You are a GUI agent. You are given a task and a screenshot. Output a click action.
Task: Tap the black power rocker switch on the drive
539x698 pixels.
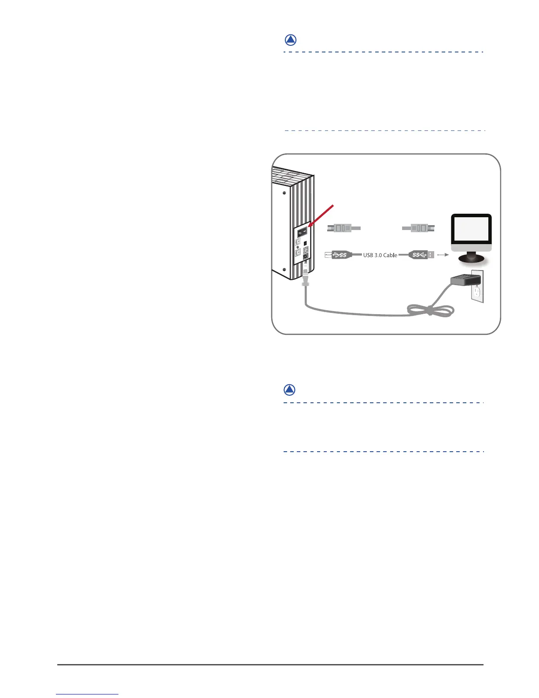pos(302,232)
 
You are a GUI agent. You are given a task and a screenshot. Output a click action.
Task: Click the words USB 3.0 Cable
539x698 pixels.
pos(380,255)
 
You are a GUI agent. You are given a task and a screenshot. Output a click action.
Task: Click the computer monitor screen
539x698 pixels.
pos(471,229)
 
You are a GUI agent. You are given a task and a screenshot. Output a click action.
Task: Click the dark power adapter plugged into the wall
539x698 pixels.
pos(464,279)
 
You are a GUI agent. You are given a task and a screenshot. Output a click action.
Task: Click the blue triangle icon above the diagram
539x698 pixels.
pos(290,40)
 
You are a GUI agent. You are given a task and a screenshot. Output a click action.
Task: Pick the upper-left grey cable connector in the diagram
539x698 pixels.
pos(344,228)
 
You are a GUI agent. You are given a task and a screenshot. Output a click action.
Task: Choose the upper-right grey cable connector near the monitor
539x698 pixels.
pos(419,228)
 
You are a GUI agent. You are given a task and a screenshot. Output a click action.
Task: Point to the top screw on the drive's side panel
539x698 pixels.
pos(284,193)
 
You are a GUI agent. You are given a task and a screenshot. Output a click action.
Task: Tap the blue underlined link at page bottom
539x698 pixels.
pos(88,694)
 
